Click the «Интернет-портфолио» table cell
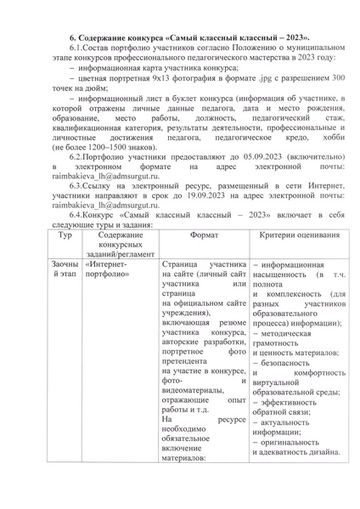tap(107, 271)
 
